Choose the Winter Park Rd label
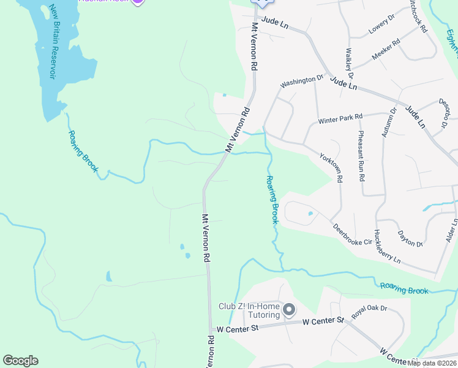[340, 118]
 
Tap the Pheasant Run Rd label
[362, 156]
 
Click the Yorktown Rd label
[331, 167]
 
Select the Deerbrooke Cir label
[352, 234]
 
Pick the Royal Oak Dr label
[369, 312]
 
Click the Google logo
[20, 361]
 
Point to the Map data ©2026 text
[432, 363]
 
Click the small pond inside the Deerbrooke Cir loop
[310, 214]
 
